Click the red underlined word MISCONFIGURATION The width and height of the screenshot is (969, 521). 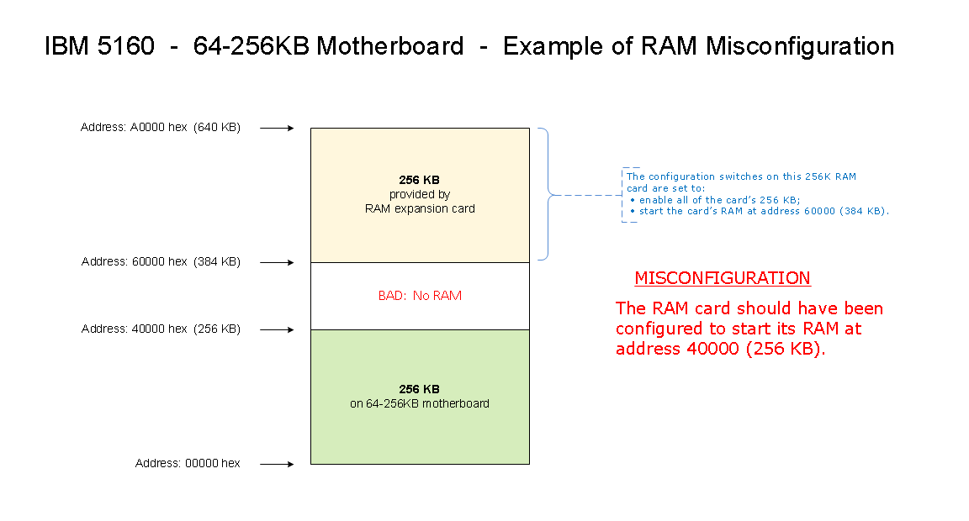pyautogui.click(x=722, y=278)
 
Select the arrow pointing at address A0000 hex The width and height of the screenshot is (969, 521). pyautogui.click(x=277, y=129)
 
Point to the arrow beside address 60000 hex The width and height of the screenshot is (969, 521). pyautogui.click(x=277, y=263)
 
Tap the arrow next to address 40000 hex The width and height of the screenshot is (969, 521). pyautogui.click(x=277, y=329)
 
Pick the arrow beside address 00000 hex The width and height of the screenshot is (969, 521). pyautogui.click(x=277, y=464)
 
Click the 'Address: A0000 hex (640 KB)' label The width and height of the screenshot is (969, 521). pyautogui.click(x=161, y=128)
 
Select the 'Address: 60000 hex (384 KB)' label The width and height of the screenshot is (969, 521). pyautogui.click(x=161, y=262)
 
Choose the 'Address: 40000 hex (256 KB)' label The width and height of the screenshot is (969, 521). pyautogui.click(x=161, y=329)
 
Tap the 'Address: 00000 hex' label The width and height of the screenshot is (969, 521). pyautogui.click(x=188, y=464)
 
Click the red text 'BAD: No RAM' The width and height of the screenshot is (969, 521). pyautogui.click(x=420, y=296)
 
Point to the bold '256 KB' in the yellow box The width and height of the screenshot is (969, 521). pyautogui.click(x=419, y=180)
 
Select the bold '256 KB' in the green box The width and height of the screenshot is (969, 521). pyautogui.click(x=419, y=389)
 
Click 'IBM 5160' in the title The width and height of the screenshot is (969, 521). pyautogui.click(x=99, y=46)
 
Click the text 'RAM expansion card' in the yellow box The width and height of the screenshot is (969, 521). pyautogui.click(x=420, y=208)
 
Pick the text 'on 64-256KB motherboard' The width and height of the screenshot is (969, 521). pyautogui.click(x=420, y=403)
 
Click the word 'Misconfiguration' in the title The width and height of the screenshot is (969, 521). pyautogui.click(x=799, y=46)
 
